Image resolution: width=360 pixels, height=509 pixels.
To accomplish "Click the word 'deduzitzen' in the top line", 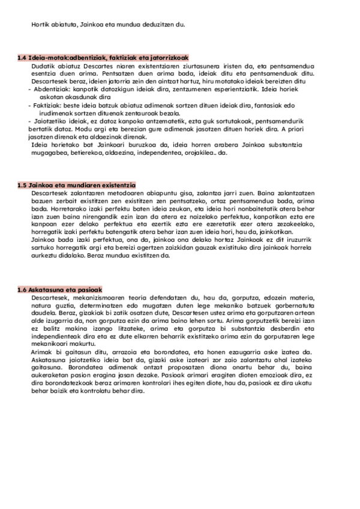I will point(157,24).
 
